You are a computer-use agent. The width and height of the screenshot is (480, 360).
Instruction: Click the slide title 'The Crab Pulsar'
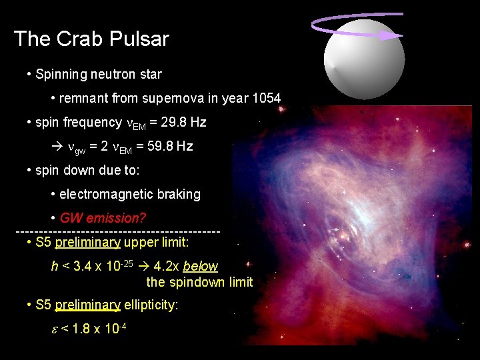click(91, 39)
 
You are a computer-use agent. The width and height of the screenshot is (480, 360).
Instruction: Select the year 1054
click(267, 99)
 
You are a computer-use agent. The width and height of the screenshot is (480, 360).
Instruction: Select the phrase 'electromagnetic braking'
click(130, 195)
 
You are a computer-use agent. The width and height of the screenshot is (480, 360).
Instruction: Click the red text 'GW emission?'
click(103, 218)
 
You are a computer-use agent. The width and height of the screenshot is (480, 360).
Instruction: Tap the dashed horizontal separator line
click(117, 231)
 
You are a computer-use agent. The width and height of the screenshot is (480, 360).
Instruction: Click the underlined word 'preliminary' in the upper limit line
click(88, 241)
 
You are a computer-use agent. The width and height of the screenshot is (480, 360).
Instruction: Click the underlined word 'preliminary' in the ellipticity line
click(88, 305)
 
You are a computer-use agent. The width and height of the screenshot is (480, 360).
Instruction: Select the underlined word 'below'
click(200, 266)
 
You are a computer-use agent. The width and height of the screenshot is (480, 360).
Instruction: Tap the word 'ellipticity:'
click(151, 305)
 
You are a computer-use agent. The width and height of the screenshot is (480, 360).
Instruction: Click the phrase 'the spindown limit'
click(199, 282)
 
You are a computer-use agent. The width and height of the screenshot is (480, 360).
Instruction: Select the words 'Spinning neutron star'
click(99, 74)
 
